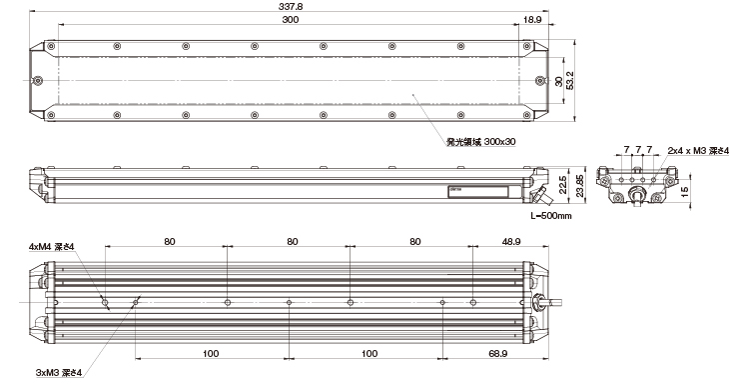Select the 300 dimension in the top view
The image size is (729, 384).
click(291, 20)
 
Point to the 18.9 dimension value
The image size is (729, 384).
click(533, 20)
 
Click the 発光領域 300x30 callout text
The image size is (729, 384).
click(481, 142)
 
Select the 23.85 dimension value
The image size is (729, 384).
click(576, 183)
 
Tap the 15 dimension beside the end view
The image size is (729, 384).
click(684, 192)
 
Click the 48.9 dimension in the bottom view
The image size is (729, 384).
click(510, 241)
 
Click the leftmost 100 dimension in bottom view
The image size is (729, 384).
click(211, 354)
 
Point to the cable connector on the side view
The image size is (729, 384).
click(541, 194)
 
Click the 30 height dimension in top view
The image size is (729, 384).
click(557, 79)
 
